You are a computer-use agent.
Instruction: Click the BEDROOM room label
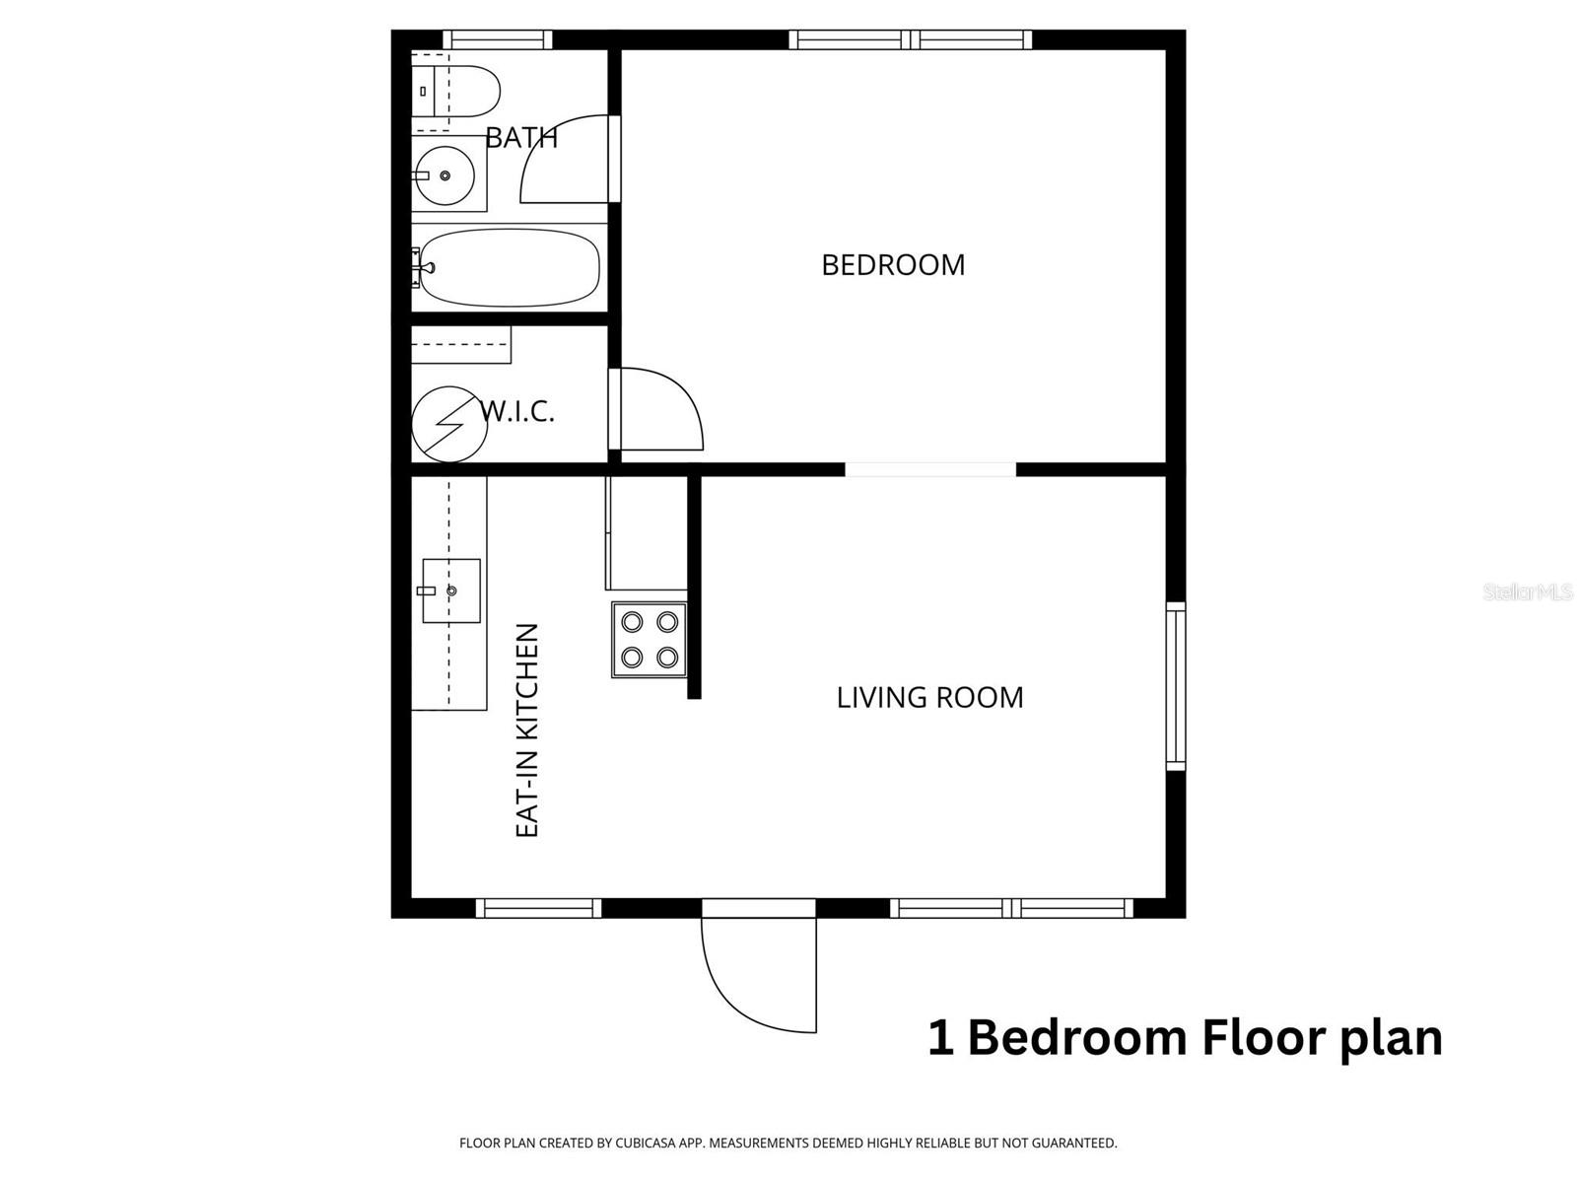point(893,265)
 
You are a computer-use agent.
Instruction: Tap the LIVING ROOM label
point(929,698)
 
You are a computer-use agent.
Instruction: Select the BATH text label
point(521,138)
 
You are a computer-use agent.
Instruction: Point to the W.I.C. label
point(519,411)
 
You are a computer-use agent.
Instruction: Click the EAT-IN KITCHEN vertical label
point(528,731)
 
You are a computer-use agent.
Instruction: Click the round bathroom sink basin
point(444,175)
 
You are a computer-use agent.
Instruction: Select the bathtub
point(509,268)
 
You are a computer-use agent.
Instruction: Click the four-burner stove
point(650,640)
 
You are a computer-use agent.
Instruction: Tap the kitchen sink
point(451,591)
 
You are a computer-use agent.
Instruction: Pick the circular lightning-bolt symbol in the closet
point(449,424)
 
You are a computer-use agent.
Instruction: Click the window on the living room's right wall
point(1176,685)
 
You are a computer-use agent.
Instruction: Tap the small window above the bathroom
point(497,40)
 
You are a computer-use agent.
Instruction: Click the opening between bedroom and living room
point(930,470)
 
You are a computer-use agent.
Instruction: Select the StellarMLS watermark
point(1528,591)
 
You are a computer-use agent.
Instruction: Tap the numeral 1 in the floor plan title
point(940,1039)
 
